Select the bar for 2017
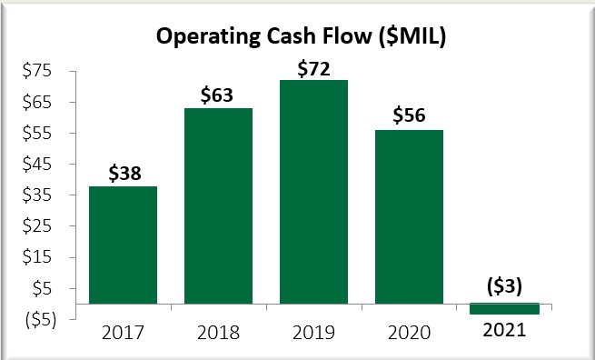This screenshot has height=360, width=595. click(123, 245)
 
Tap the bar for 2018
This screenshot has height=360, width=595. click(218, 205)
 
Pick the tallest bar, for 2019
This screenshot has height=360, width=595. click(314, 192)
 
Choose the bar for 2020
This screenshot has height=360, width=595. click(410, 216)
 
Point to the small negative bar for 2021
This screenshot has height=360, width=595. click(505, 309)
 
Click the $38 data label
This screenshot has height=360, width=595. click(123, 173)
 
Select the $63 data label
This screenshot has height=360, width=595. click(218, 95)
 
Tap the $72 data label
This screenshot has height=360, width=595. click(314, 67)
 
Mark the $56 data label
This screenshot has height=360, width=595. click(410, 116)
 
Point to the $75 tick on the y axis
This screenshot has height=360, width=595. click(37, 71)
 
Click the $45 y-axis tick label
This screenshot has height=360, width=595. click(37, 165)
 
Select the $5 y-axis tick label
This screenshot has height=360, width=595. click(41, 288)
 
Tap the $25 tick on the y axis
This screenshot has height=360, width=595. click(37, 226)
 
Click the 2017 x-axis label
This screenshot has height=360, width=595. click(123, 332)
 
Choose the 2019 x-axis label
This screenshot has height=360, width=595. click(314, 332)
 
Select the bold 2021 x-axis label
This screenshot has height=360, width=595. click(505, 332)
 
